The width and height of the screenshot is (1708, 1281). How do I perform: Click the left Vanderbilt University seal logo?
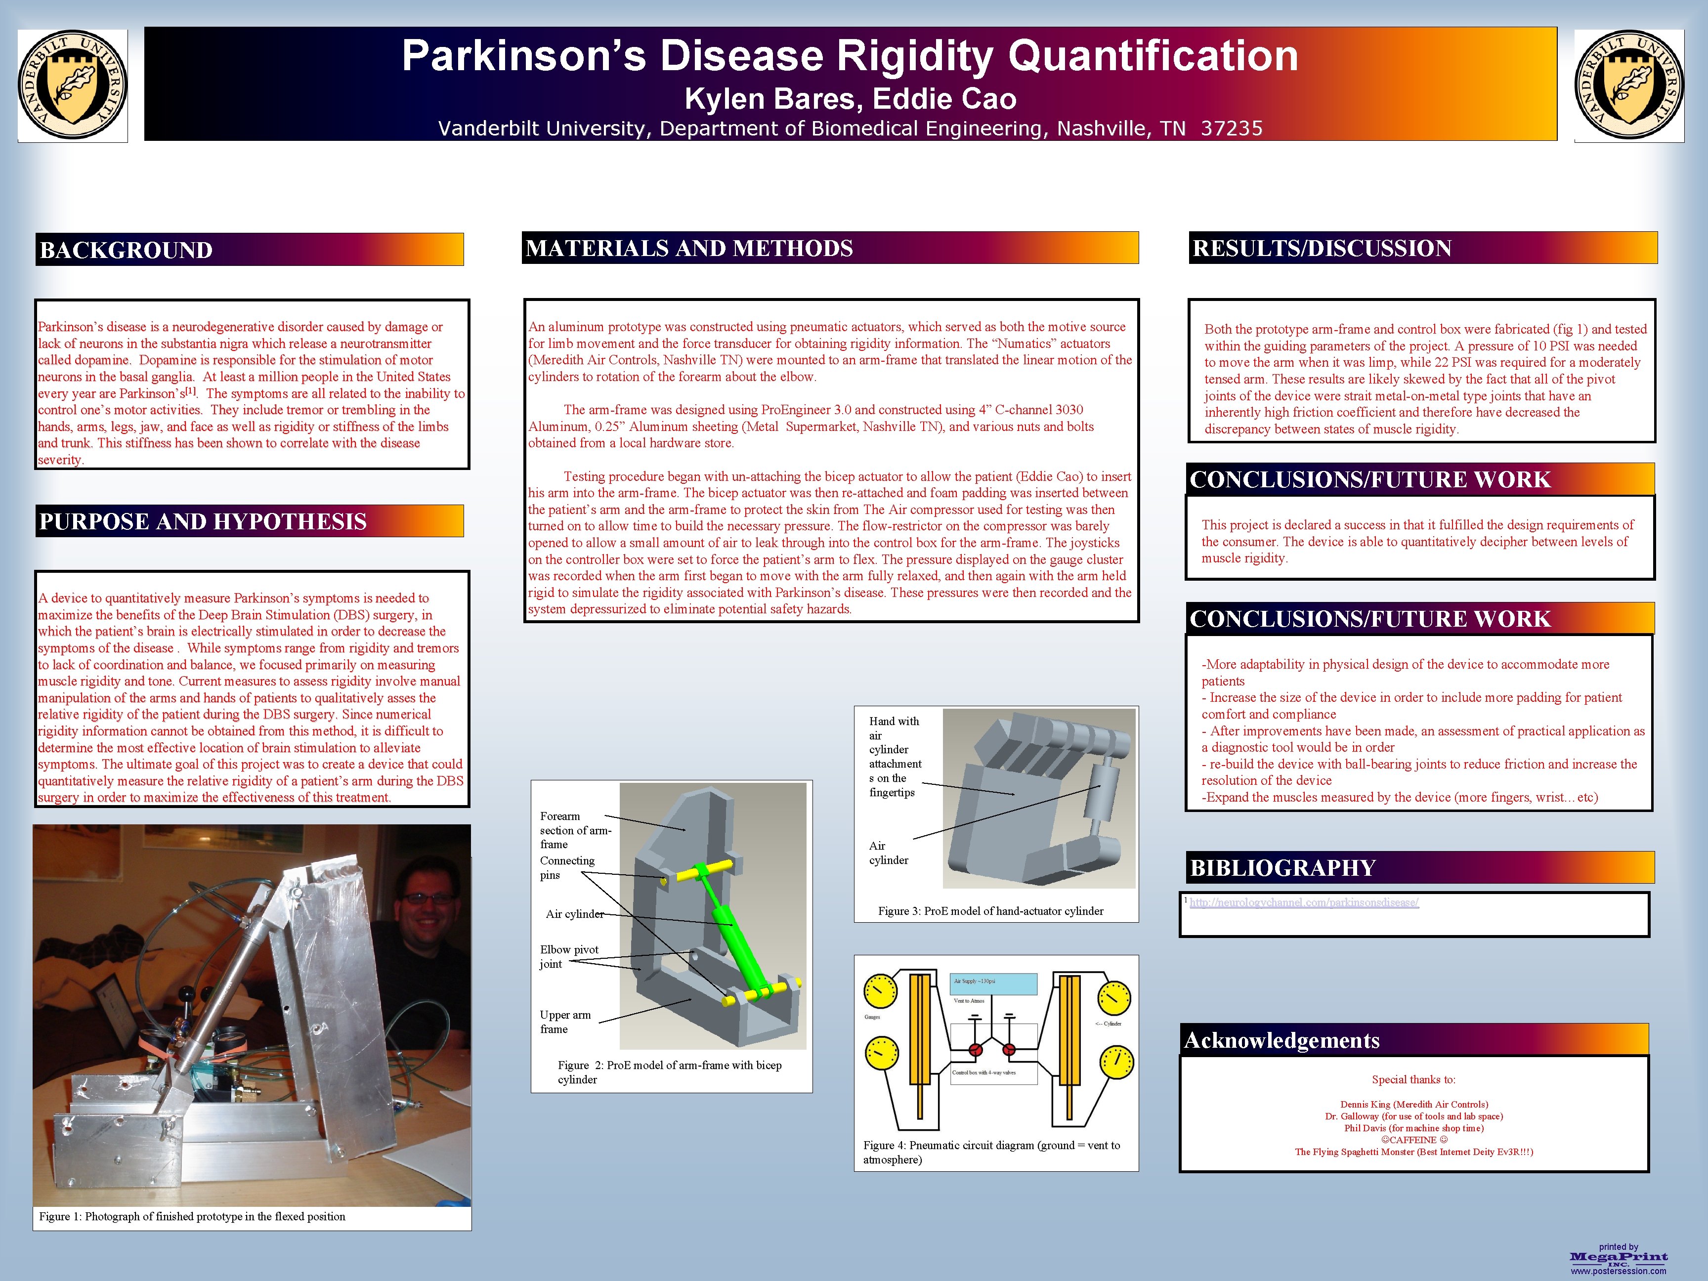coord(73,85)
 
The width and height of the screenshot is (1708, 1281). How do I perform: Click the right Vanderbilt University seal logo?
coord(1629,85)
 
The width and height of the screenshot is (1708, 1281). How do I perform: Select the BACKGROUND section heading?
coord(126,250)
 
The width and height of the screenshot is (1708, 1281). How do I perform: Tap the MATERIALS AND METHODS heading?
coord(689,248)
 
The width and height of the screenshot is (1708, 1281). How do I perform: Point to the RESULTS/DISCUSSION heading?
coord(1322,248)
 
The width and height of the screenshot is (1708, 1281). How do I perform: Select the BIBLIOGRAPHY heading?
coord(1282,868)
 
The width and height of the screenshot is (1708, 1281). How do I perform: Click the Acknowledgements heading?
coord(1282,1040)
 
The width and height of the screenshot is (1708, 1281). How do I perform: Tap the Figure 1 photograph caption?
coord(192,1216)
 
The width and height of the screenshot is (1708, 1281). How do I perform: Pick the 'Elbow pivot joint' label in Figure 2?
coord(569,956)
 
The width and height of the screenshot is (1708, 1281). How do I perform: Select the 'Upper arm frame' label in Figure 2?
coord(565,1022)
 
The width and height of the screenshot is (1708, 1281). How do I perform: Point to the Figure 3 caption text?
coord(991,911)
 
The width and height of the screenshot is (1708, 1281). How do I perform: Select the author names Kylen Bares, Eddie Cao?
coord(850,99)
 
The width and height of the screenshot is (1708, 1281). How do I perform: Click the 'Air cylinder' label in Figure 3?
coord(888,853)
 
